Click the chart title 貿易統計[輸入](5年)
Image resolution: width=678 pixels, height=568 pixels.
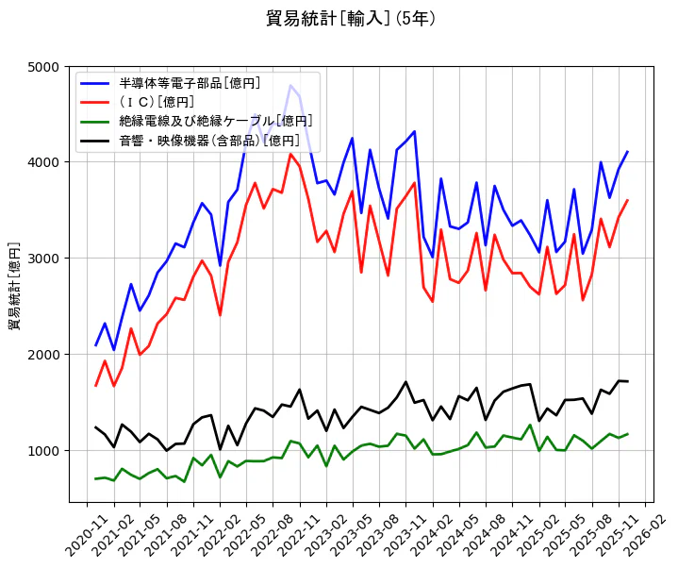click(350, 18)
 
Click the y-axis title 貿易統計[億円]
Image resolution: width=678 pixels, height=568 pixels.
click(15, 285)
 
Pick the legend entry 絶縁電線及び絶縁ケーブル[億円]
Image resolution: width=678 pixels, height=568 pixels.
click(216, 121)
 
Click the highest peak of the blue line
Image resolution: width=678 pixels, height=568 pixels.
click(290, 86)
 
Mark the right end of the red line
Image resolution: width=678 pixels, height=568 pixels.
click(627, 200)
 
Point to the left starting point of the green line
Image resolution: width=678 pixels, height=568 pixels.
click(95, 479)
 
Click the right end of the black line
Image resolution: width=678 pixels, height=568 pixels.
click(627, 381)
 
